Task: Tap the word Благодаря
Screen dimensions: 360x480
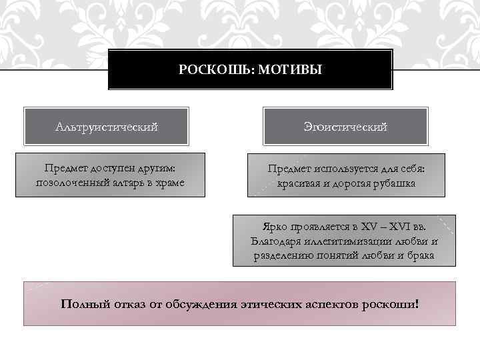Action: tap(274, 241)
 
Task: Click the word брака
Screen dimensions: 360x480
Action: tap(421, 255)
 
